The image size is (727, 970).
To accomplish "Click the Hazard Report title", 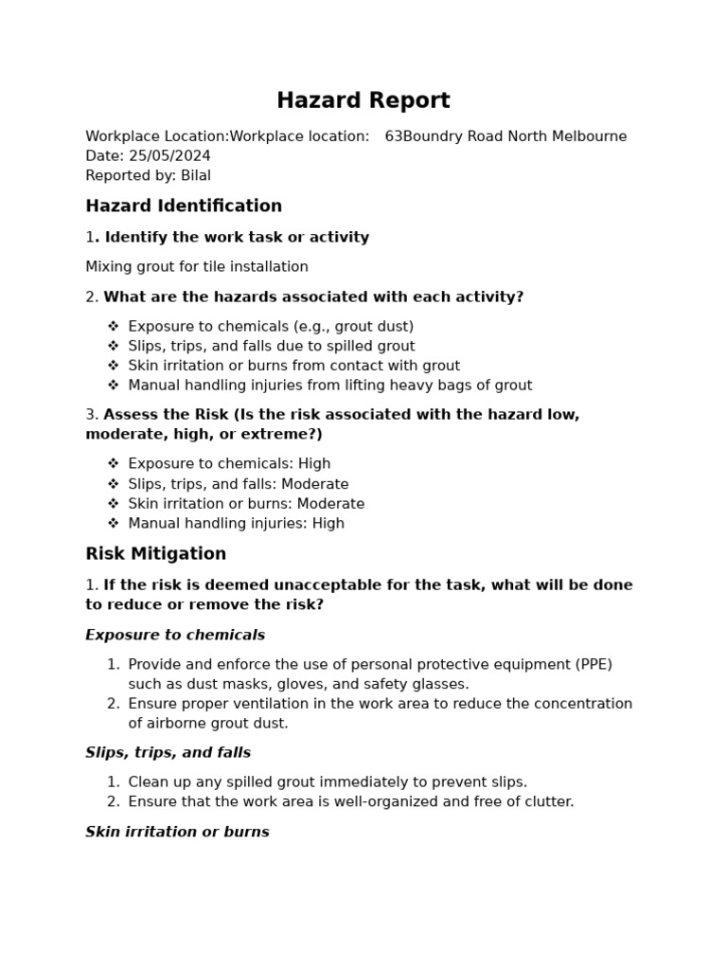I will point(363,100).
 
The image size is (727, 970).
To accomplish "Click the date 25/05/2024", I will point(169,156).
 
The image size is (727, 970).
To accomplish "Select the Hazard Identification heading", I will point(184,207).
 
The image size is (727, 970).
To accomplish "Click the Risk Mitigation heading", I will point(155,554).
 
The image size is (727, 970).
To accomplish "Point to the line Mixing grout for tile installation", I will point(197,267).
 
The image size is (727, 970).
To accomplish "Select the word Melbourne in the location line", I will point(587,136).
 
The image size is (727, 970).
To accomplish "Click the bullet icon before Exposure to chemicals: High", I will point(113,464).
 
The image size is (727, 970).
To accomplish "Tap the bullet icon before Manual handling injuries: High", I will point(113,524).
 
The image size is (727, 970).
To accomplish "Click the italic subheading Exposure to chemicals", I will point(175,636).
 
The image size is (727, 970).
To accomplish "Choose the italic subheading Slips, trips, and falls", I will point(168,753).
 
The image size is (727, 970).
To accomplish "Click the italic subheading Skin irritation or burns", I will point(177,833).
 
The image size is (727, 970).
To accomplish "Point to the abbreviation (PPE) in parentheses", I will point(594,665).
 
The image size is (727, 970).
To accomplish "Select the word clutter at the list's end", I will point(546,802).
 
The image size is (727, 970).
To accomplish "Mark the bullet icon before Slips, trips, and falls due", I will point(113,347).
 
